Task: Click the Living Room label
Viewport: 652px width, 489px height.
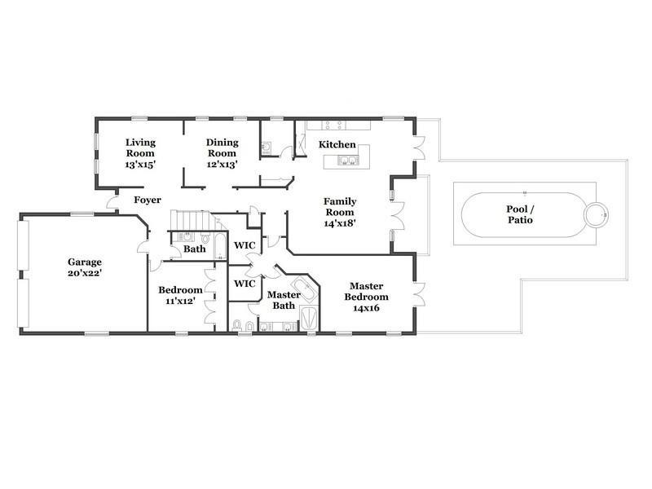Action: coord(140,148)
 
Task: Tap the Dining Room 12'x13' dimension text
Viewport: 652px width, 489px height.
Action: coord(222,165)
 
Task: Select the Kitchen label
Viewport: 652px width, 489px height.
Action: coord(337,145)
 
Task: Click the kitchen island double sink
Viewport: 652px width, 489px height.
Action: coord(348,161)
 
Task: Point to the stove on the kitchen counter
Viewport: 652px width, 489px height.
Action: coord(335,125)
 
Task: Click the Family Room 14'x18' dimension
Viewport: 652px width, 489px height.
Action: coord(340,223)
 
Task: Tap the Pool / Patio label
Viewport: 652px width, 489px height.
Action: coord(520,214)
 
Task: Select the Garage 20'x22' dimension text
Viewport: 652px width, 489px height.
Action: coord(85,274)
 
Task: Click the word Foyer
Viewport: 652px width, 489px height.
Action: coord(148,200)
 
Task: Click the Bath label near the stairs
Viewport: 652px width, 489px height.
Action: coord(195,249)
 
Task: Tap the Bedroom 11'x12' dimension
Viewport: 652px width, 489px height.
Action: coord(180,301)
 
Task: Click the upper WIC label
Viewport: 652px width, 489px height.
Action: coord(244,245)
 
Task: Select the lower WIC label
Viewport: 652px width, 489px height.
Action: coord(244,284)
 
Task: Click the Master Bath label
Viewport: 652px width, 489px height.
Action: coord(284,300)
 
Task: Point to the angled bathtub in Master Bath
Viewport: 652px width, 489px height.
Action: coord(304,289)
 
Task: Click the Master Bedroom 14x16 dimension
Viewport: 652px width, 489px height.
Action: coord(366,308)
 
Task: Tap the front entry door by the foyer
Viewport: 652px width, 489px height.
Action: coord(112,202)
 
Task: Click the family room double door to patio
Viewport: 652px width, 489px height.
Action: coord(398,215)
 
